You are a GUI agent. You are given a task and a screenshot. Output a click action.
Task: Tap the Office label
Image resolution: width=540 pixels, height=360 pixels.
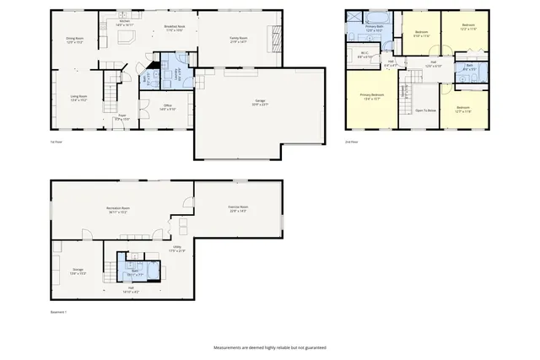[x=168, y=107]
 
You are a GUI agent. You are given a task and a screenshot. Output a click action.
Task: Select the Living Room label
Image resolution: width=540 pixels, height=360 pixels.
[x=79, y=98]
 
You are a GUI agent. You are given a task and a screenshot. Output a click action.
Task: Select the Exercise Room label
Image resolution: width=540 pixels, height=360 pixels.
[x=238, y=208]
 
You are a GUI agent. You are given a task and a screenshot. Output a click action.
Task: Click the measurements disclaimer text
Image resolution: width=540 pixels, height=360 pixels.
[x=269, y=347]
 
